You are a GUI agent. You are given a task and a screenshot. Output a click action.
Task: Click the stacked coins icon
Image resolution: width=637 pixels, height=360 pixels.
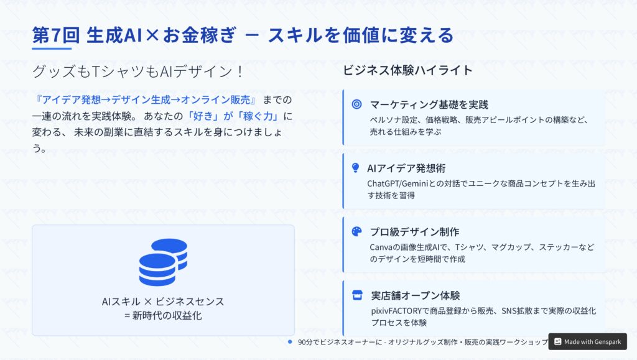pyautogui.click(x=163, y=262)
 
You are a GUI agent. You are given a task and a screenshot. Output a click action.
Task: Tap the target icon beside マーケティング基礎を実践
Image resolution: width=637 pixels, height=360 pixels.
pyautogui.click(x=356, y=104)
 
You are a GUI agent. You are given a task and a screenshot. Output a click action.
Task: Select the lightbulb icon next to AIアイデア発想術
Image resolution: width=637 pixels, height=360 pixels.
pyautogui.click(x=355, y=168)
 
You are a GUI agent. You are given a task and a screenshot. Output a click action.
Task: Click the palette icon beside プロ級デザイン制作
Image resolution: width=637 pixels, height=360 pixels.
pyautogui.click(x=356, y=231)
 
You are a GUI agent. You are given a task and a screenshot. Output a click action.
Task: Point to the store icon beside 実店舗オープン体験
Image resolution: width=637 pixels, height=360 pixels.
pyautogui.click(x=357, y=295)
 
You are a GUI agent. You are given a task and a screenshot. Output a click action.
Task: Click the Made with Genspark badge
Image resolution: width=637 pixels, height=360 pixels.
pyautogui.click(x=587, y=342)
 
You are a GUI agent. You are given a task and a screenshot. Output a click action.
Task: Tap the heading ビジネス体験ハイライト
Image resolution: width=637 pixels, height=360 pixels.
pyautogui.click(x=407, y=70)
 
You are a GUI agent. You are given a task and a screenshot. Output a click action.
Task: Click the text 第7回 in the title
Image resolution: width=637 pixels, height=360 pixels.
pyautogui.click(x=56, y=35)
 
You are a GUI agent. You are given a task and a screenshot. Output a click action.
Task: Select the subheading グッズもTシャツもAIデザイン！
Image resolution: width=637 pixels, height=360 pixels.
pyautogui.click(x=137, y=72)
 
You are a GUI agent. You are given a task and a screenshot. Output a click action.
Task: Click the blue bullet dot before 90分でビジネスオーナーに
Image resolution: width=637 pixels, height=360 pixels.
pyautogui.click(x=290, y=342)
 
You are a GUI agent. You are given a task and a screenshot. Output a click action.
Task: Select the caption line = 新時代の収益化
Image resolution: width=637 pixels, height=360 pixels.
pyautogui.click(x=163, y=315)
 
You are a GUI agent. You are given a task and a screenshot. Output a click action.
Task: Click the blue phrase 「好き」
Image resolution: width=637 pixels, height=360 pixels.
pyautogui.click(x=203, y=116)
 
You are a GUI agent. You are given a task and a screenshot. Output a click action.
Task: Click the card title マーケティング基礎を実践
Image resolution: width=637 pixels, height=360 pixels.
pyautogui.click(x=429, y=104)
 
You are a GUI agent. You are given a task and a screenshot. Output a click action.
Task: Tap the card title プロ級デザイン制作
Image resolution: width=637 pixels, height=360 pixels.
pyautogui.click(x=414, y=232)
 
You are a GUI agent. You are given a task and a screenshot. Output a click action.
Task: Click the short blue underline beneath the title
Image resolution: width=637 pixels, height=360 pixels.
pyautogui.click(x=52, y=48)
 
